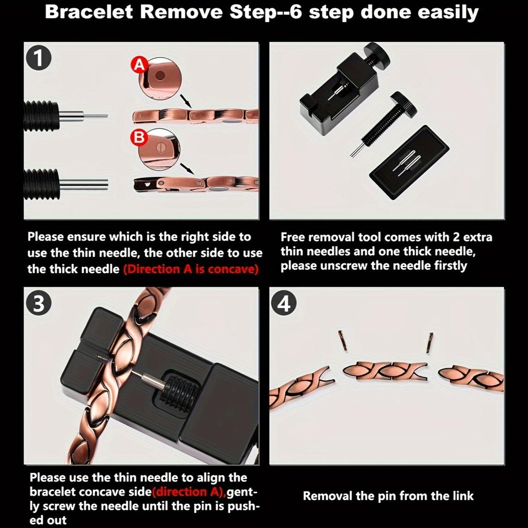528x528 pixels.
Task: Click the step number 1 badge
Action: click(x=39, y=58)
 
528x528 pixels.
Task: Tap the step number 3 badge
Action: click(x=39, y=303)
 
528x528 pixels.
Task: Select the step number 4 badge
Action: click(x=285, y=304)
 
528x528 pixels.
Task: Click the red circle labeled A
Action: click(x=139, y=65)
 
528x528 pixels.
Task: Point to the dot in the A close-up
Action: click(x=160, y=75)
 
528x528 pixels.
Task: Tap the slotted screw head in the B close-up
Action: click(x=160, y=147)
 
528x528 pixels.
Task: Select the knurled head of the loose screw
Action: click(x=404, y=105)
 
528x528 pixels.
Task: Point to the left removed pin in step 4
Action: click(x=342, y=340)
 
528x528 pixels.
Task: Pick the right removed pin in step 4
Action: click(x=430, y=342)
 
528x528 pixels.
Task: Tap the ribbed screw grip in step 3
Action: click(x=175, y=392)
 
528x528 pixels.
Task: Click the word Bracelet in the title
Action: click(x=89, y=12)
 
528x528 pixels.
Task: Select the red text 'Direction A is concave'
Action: click(x=191, y=269)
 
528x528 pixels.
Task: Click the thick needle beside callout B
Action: click(x=84, y=185)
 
